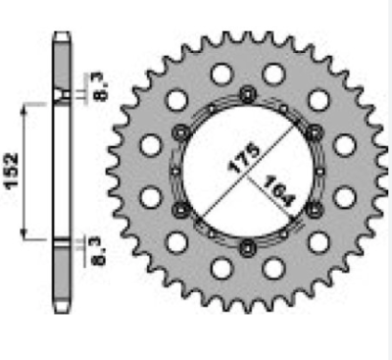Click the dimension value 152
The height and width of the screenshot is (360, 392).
tap(12, 171)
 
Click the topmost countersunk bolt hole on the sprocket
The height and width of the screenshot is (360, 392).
tap(247, 94)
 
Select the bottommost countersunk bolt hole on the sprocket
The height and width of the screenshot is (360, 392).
tap(247, 248)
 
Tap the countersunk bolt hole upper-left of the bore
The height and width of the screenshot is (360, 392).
tap(181, 132)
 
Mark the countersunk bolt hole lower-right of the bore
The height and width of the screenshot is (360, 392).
tap(314, 210)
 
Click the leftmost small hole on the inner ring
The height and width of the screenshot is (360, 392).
tap(176, 171)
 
